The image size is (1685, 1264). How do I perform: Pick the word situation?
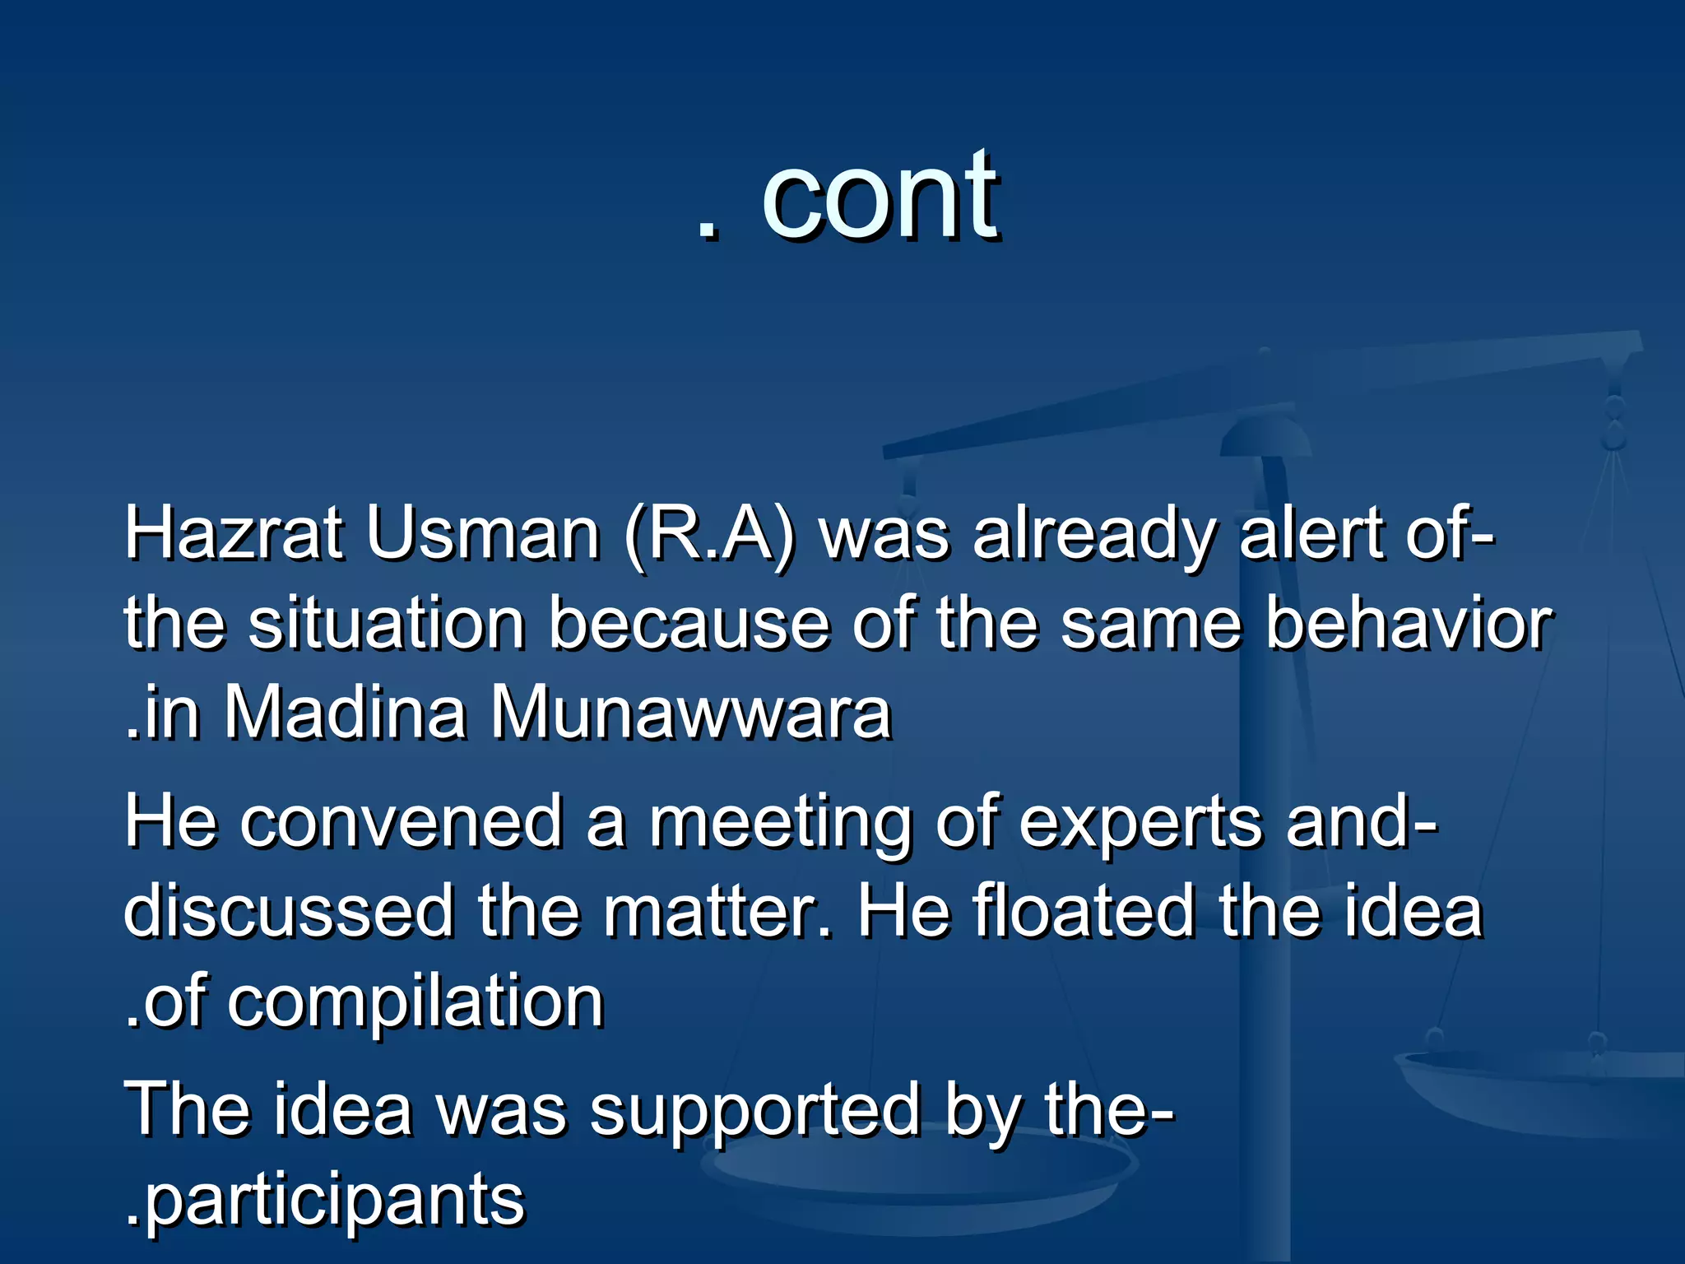point(387,624)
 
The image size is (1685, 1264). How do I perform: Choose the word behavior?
point(1408,624)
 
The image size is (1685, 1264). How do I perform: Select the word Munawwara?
point(691,713)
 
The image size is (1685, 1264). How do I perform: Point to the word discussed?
point(288,912)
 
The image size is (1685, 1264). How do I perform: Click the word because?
point(689,624)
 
